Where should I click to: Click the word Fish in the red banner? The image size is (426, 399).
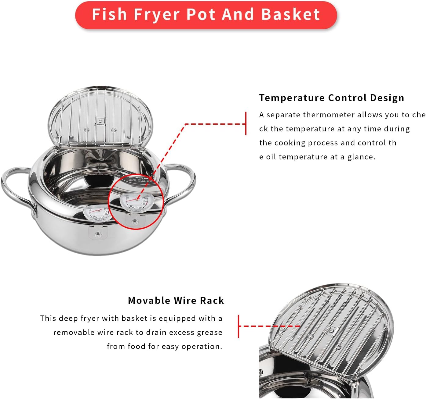(x=109, y=14)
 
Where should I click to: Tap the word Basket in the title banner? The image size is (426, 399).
(x=290, y=14)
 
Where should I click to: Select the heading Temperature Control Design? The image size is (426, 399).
(x=332, y=98)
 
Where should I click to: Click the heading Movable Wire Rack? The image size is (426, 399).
(x=176, y=301)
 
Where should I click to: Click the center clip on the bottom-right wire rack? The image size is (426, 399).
(x=332, y=330)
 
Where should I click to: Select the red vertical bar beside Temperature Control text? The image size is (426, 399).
(x=246, y=123)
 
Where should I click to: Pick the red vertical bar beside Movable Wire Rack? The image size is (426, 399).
(x=238, y=326)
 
